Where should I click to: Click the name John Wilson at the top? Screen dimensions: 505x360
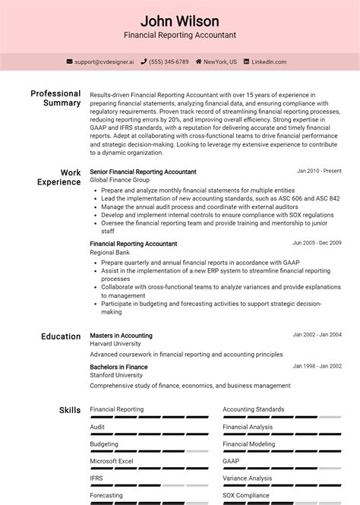click(x=180, y=21)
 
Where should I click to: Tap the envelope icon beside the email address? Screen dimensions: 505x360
click(x=70, y=62)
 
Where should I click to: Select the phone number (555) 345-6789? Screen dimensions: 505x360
click(x=169, y=62)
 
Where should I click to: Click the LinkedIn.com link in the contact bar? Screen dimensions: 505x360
click(x=269, y=62)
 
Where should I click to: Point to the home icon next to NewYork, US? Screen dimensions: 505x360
click(x=199, y=62)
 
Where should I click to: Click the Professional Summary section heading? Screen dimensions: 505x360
click(x=55, y=98)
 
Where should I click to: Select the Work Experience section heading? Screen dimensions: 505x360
click(x=59, y=177)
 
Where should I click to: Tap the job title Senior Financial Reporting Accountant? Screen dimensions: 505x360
click(x=143, y=172)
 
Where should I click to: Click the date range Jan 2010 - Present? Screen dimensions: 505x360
click(x=319, y=171)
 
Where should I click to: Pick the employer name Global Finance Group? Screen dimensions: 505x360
click(x=120, y=180)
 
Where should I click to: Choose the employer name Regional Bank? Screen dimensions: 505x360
click(x=109, y=252)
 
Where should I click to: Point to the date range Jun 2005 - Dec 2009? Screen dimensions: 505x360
click(x=317, y=243)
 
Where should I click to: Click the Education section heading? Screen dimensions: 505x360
click(x=61, y=336)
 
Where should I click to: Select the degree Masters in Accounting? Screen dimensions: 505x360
click(x=121, y=335)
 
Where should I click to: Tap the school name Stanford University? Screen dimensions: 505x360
click(x=116, y=375)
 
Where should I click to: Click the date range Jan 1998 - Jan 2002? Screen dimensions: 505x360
click(x=317, y=366)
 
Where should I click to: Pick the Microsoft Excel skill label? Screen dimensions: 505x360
click(x=111, y=461)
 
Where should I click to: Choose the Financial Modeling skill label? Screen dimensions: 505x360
click(x=248, y=443)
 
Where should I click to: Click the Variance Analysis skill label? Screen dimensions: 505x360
click(x=247, y=478)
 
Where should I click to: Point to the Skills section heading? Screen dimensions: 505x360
click(x=70, y=410)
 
